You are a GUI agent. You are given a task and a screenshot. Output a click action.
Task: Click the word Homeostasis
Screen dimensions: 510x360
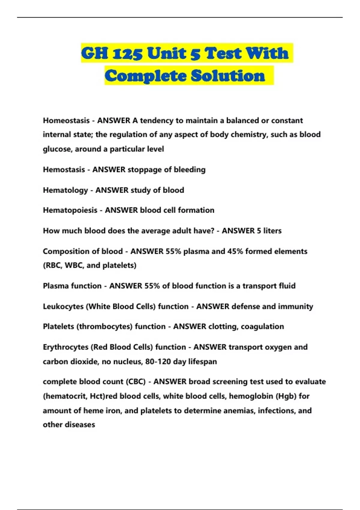pyautogui.click(x=66, y=121)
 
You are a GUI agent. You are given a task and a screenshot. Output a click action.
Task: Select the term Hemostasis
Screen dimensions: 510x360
pyautogui.click(x=64, y=170)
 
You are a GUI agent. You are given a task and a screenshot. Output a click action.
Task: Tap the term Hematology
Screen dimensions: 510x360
pyautogui.click(x=65, y=190)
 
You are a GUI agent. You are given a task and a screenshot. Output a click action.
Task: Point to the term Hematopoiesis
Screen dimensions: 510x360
pyautogui.click(x=70, y=210)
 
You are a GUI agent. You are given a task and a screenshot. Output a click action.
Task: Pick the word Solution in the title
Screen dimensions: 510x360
pyautogui.click(x=228, y=76)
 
